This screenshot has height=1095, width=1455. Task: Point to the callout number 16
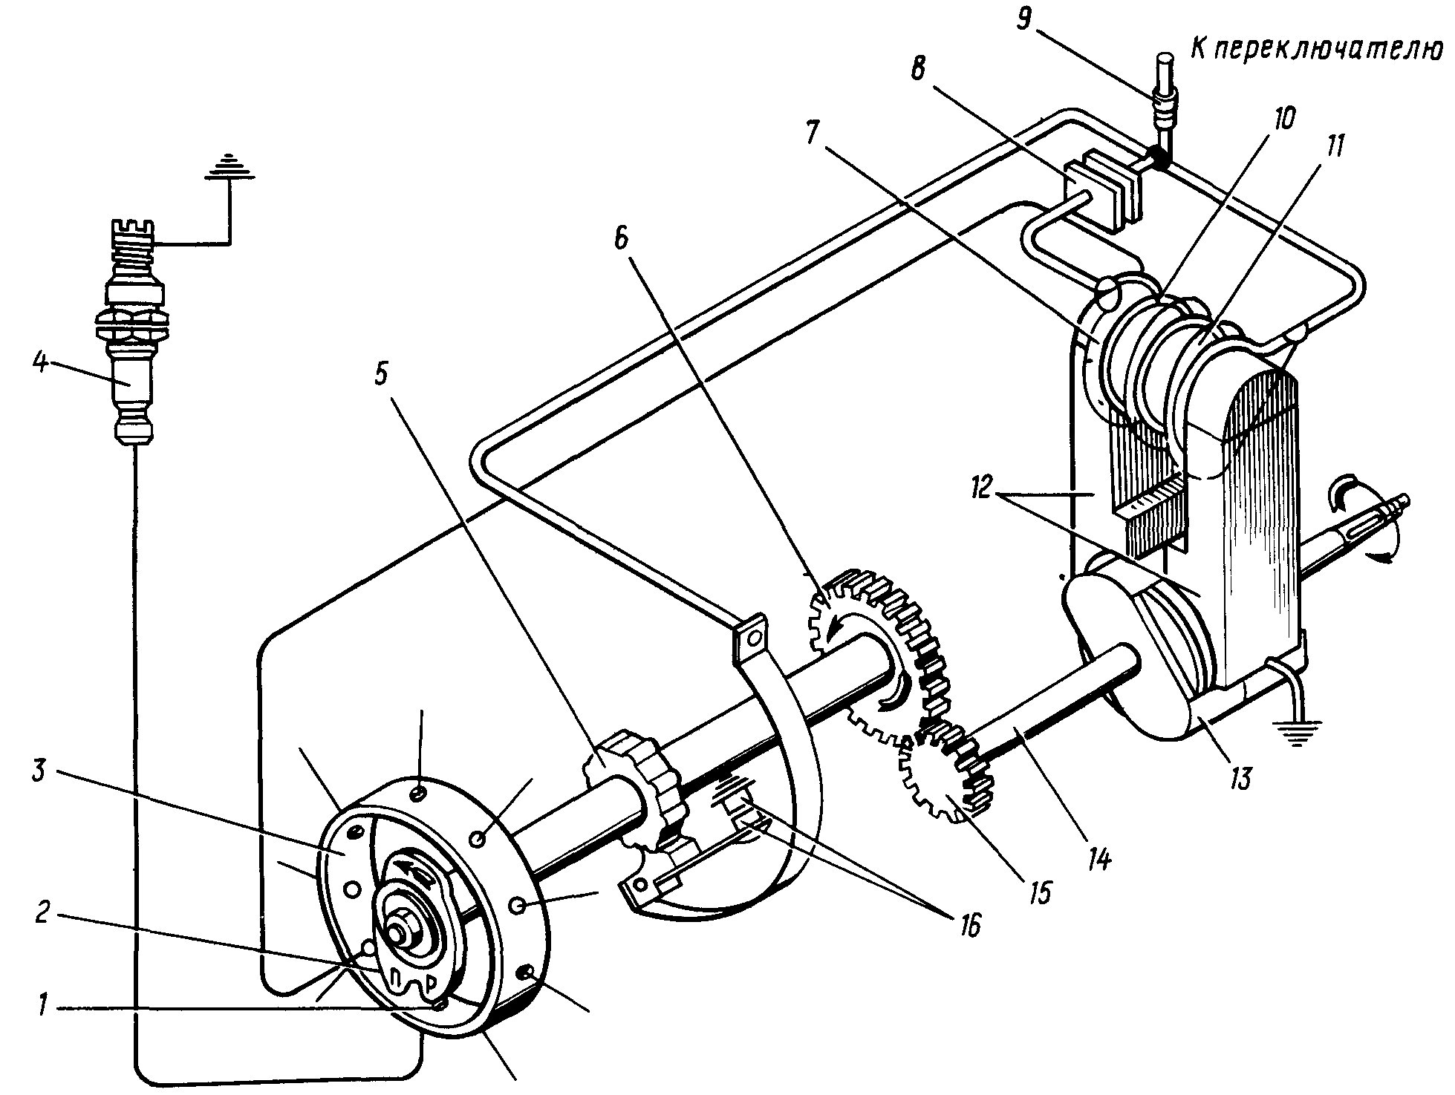click(966, 924)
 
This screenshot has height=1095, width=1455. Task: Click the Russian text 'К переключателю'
click(1322, 48)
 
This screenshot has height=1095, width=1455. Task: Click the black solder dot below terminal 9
click(1156, 155)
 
